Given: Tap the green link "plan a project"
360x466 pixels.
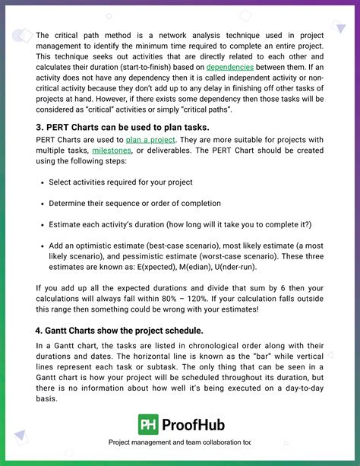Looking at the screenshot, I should tap(150, 140).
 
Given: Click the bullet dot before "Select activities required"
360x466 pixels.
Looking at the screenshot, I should tap(40, 182).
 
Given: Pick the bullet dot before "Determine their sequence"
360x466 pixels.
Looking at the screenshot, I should tap(40, 204).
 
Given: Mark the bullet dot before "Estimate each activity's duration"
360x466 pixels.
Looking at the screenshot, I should tap(40, 225).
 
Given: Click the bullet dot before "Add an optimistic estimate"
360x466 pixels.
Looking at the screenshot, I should tap(40, 246).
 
